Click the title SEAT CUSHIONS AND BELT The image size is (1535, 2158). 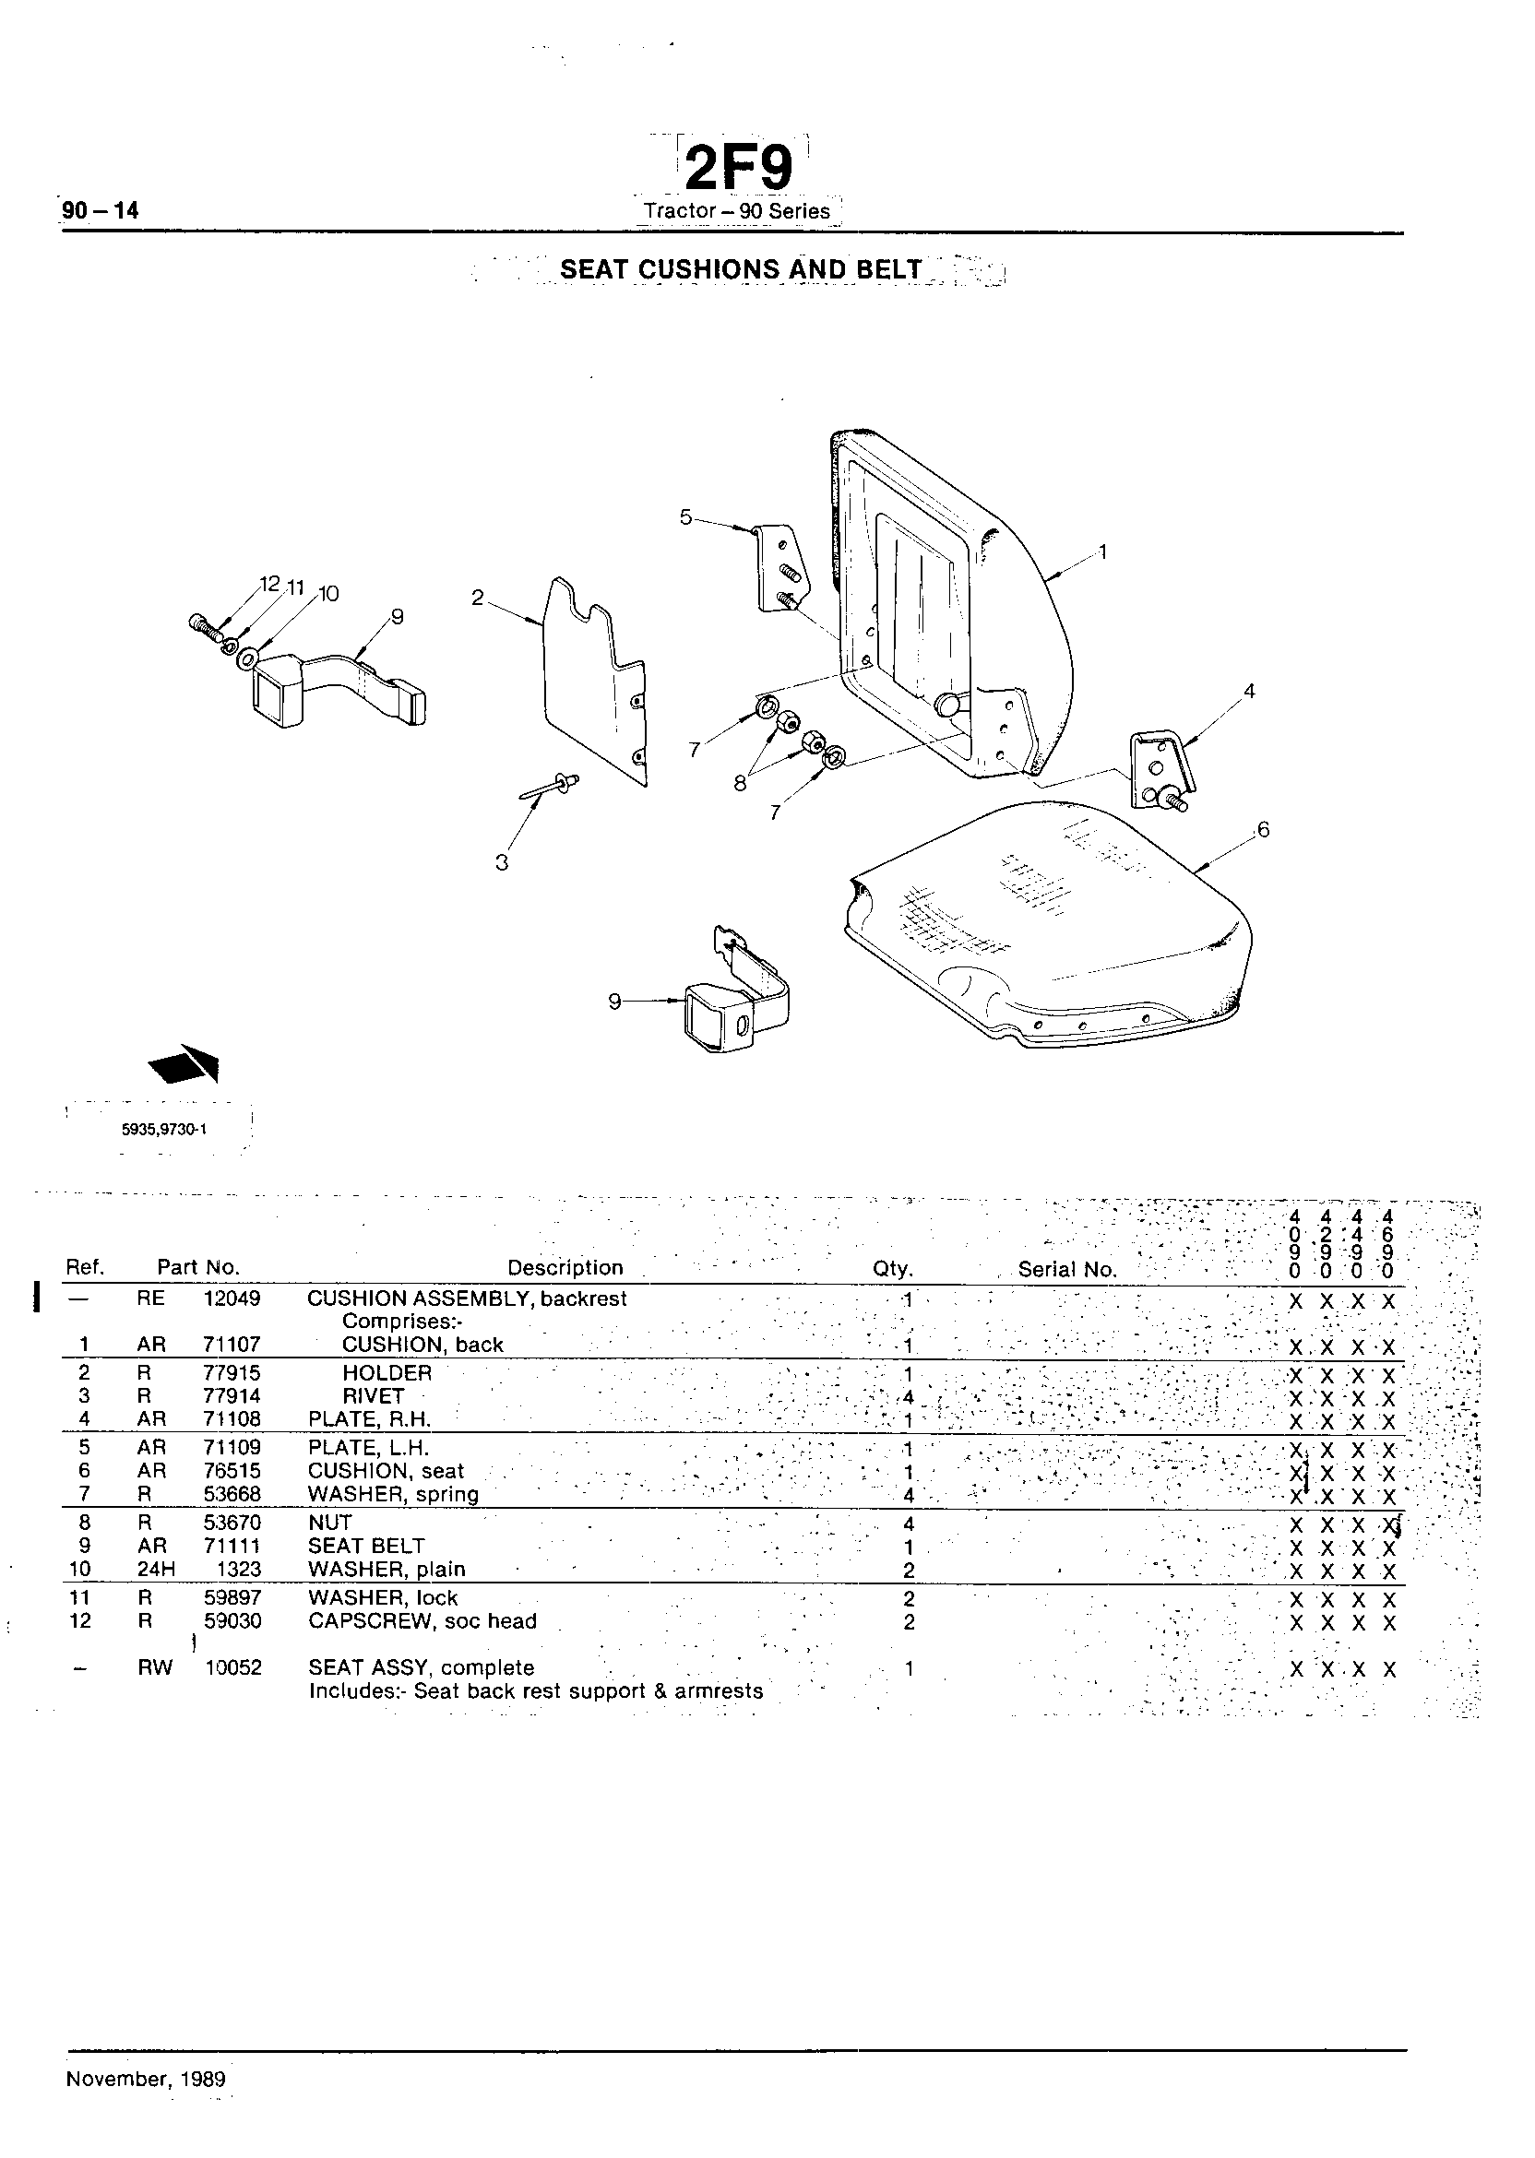[x=740, y=269]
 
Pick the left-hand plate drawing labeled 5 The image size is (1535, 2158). [x=778, y=567]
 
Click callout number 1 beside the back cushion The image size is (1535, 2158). [x=1101, y=551]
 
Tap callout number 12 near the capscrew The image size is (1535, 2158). [x=270, y=584]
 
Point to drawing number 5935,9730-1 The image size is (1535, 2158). [x=164, y=1128]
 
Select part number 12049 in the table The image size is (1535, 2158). [x=232, y=1298]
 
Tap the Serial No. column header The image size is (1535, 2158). [x=1067, y=1269]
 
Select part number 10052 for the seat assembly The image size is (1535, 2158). [x=233, y=1667]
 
